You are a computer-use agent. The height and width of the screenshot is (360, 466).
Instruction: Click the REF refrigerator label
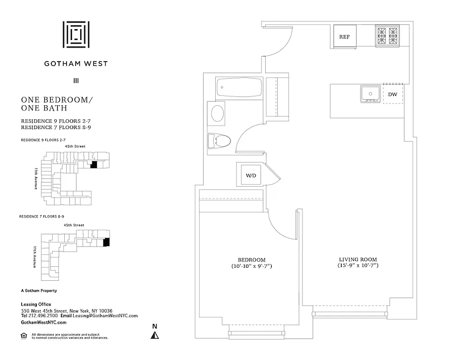344,37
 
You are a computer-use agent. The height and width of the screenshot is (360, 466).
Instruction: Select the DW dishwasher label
392,94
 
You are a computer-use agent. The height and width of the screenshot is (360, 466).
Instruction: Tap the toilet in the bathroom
219,141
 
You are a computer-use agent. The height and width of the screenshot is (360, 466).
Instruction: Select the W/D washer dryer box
251,175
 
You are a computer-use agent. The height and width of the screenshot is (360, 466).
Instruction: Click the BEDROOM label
252,260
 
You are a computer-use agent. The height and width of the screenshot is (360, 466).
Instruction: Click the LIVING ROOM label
358,259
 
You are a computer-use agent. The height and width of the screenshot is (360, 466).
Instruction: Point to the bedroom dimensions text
252,266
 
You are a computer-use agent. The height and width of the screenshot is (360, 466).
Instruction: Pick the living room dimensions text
358,266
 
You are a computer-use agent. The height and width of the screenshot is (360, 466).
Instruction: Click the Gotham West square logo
76,34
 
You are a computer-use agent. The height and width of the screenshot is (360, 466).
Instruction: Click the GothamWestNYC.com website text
44,322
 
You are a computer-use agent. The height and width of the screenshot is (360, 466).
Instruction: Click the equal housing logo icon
24,335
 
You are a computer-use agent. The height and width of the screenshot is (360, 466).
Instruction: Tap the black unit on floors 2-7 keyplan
94,165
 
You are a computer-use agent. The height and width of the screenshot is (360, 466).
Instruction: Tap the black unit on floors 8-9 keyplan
106,242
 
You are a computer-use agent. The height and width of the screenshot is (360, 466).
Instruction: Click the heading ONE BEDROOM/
57,100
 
